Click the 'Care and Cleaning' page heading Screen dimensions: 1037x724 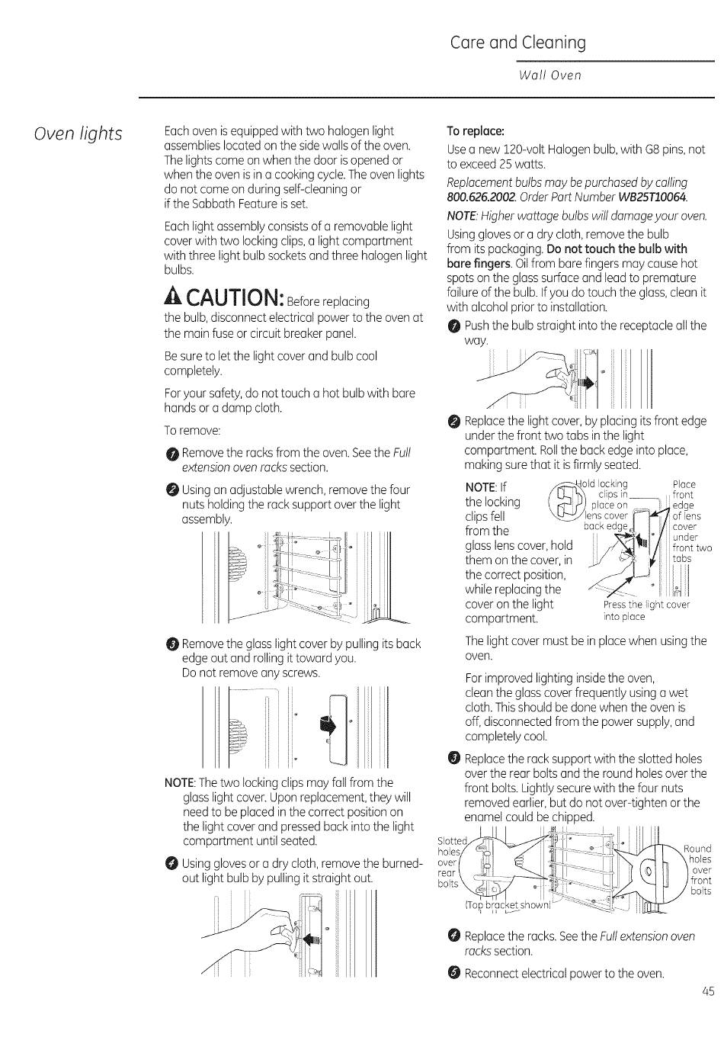pyautogui.click(x=517, y=43)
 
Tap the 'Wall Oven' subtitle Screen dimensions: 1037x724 pyautogui.click(x=549, y=75)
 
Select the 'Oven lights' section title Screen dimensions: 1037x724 pyautogui.click(x=78, y=133)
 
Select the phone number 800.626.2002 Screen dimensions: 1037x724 pyautogui.click(x=484, y=197)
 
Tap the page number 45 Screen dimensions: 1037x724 pyautogui.click(x=708, y=991)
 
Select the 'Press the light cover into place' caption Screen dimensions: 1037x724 pyautogui.click(x=646, y=611)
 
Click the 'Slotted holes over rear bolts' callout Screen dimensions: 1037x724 pyautogui.click(x=450, y=862)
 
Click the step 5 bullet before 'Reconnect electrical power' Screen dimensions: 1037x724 pyautogui.click(x=454, y=972)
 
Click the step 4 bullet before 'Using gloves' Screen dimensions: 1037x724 pyautogui.click(x=171, y=864)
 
